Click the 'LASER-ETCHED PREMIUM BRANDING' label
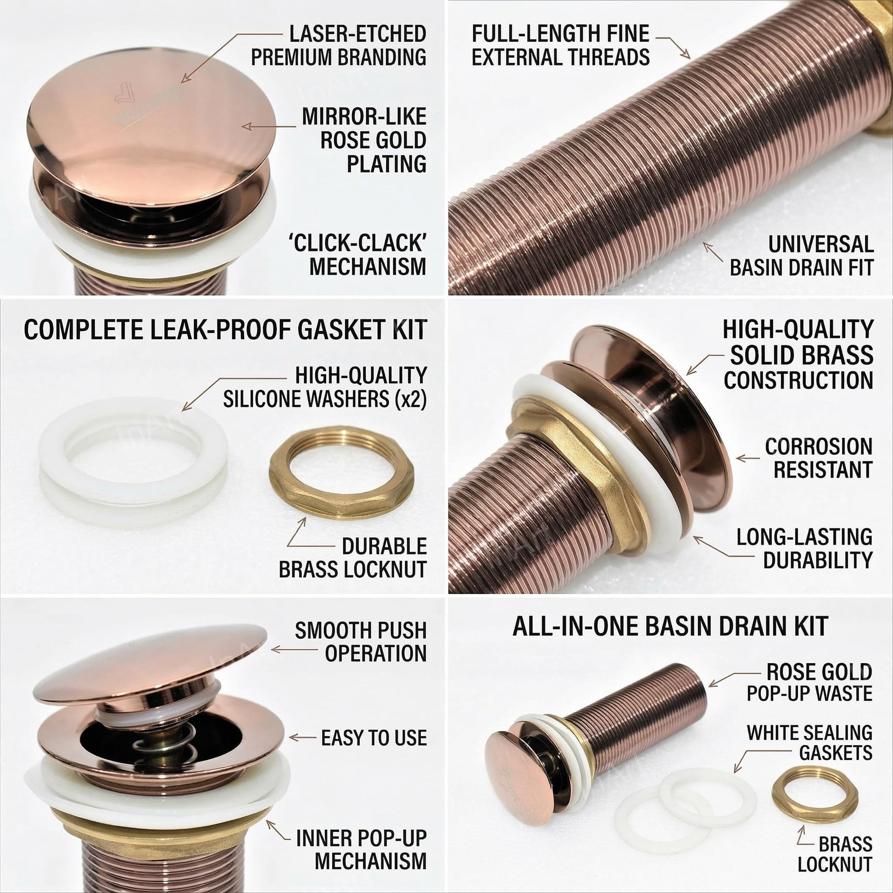click(x=338, y=45)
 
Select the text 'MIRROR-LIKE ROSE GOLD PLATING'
click(x=364, y=140)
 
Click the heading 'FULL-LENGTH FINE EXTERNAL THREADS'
click(x=560, y=45)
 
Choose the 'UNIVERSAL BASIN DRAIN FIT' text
click(x=802, y=256)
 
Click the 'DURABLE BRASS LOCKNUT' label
click(x=353, y=558)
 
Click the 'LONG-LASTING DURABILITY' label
click(x=805, y=548)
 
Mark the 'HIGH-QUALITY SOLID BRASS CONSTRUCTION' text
click(x=798, y=355)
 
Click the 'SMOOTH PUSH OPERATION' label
click(x=361, y=642)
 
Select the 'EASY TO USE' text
click(x=374, y=738)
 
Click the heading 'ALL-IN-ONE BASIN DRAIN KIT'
click(x=670, y=626)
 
